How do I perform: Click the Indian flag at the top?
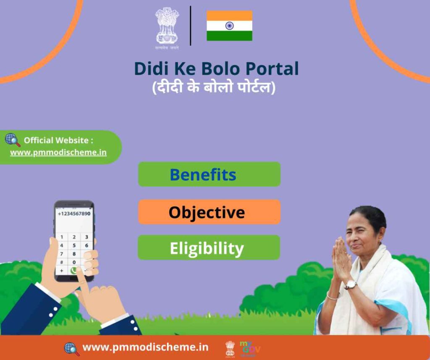229,26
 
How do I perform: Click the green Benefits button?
209,174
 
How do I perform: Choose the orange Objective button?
209,212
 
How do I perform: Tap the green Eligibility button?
209,248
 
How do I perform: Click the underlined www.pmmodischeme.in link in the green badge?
58,152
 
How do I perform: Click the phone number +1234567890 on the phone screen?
74,214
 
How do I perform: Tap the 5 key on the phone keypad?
74,245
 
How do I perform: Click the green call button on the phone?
74,271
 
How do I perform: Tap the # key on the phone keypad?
62,262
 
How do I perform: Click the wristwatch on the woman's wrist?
351,285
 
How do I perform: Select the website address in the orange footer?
145,347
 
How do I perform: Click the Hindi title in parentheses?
214,88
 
